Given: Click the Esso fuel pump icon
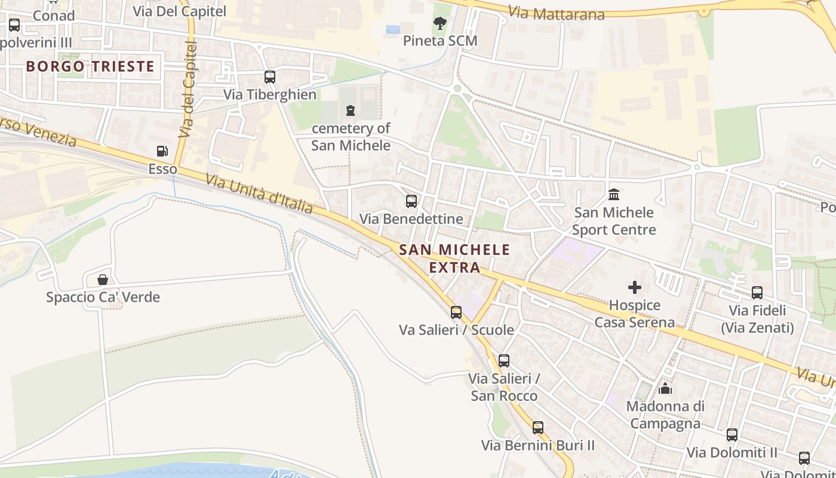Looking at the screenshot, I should pos(162,151).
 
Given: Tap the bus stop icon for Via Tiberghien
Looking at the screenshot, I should pos(270,77).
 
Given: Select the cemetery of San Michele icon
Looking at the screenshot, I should pos(350,111).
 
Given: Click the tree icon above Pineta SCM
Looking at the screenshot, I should pos(440,24).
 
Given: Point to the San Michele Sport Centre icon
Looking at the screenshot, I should pos(613,195).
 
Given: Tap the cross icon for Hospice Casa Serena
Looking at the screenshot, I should pos(634,288).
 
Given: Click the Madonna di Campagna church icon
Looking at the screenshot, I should pos(665,389).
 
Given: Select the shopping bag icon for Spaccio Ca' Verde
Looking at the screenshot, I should pos(103,280).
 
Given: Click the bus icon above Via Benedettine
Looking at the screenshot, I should pos(411,201).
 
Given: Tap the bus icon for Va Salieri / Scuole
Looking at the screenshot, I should pos(456,312).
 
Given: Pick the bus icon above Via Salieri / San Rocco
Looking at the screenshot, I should pos(504,361).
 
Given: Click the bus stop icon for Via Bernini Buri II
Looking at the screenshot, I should pos(538,428).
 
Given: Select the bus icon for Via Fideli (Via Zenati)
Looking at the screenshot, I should pos(757,293).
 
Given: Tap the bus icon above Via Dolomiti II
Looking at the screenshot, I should pos(732,435).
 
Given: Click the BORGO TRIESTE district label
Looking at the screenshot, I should pos(90,66).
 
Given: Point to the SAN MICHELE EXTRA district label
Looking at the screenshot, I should pos(455,258).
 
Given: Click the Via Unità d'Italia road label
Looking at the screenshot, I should pos(259,194).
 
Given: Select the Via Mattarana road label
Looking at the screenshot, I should pos(557,13).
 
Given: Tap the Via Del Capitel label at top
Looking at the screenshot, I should pos(179,11).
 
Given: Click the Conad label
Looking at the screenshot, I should pos(54,16).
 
